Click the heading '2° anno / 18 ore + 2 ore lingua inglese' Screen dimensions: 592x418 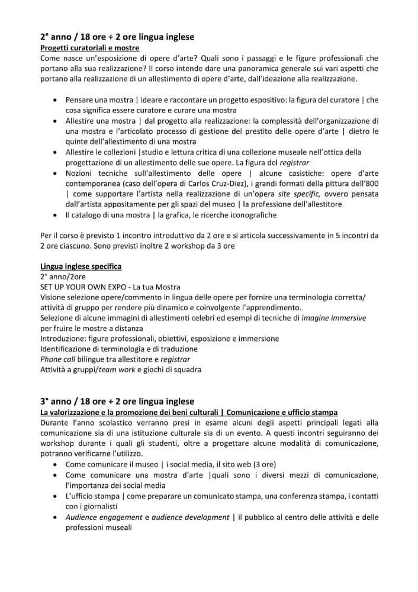click(x=117, y=37)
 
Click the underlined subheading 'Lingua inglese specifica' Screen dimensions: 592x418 click(x=81, y=266)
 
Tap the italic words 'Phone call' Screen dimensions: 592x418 click(x=58, y=359)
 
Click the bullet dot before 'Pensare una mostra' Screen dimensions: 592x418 click(x=55, y=99)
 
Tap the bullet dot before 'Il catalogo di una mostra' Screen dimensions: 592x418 click(x=55, y=215)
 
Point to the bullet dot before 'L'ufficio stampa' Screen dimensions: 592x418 click(x=55, y=496)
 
